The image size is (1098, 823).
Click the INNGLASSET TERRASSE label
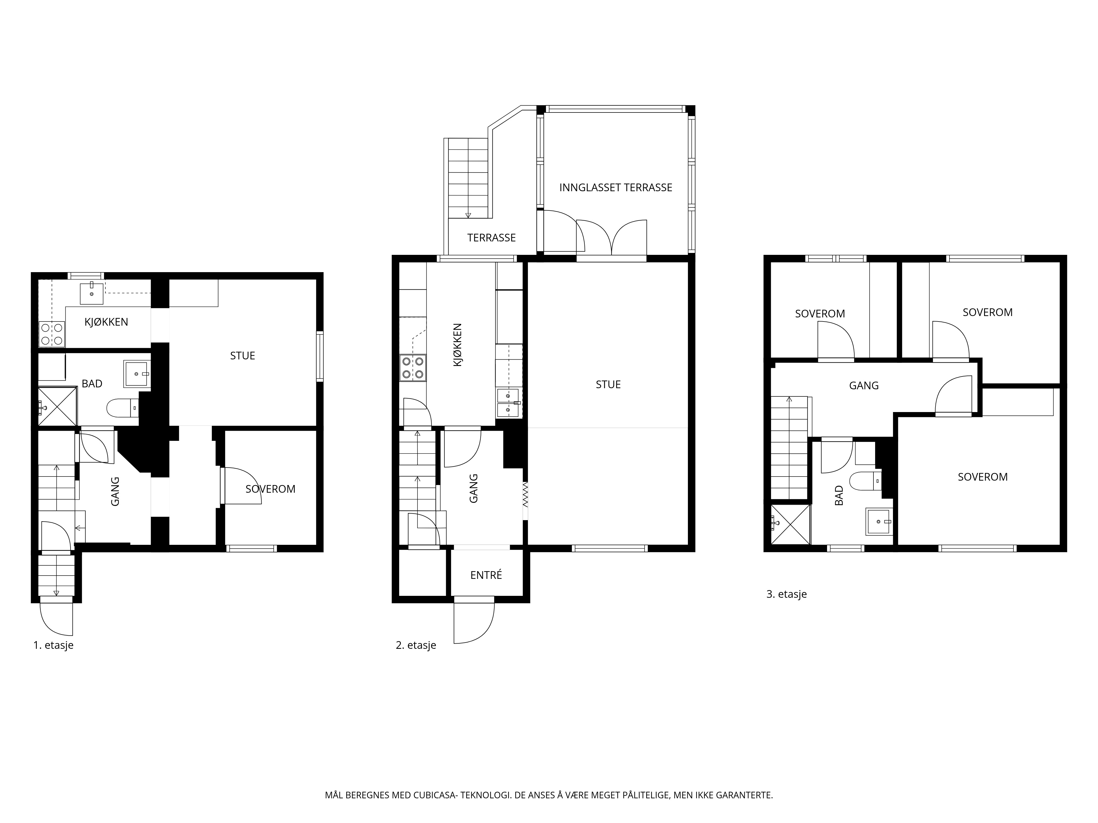point(615,188)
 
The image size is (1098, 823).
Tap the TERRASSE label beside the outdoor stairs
point(491,238)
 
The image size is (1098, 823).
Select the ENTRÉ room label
point(486,575)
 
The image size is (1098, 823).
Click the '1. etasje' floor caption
point(53,646)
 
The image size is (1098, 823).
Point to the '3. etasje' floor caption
point(787,594)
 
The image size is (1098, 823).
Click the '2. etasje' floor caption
point(416,646)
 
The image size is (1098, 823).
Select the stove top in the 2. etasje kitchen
point(413,368)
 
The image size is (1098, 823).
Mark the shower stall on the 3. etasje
point(790,524)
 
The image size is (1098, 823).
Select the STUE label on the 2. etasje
point(608,384)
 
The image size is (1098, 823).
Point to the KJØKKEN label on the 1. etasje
point(106,322)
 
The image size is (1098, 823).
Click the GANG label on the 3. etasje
point(864,385)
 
